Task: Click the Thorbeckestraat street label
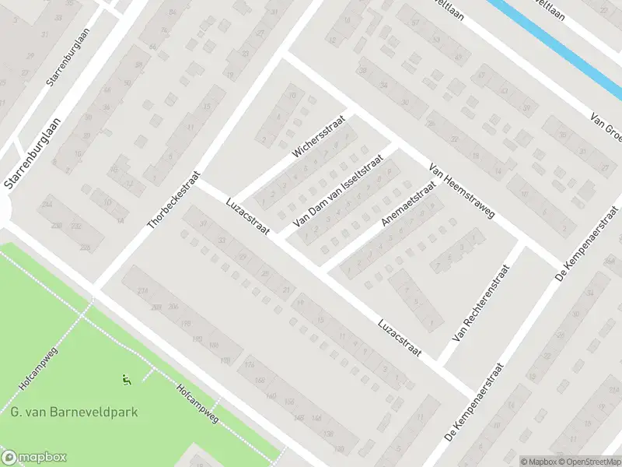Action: point(174,201)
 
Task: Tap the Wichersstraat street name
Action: point(313,137)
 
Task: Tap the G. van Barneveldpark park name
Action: point(74,412)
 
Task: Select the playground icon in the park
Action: point(126,380)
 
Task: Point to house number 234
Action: point(142,290)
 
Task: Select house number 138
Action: point(328,433)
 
